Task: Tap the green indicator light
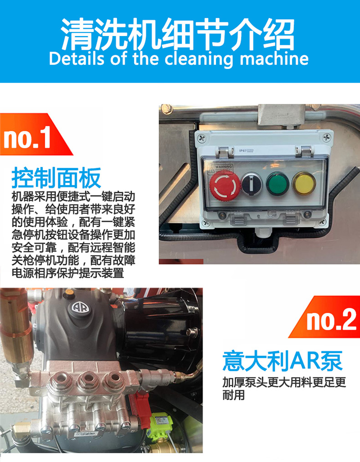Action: [277, 183]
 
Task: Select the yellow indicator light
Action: [304, 183]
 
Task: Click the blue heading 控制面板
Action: [56, 178]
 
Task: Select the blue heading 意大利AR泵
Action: [282, 361]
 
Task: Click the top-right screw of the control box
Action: [327, 137]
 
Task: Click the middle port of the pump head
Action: [87, 379]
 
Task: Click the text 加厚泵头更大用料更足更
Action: [284, 383]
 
